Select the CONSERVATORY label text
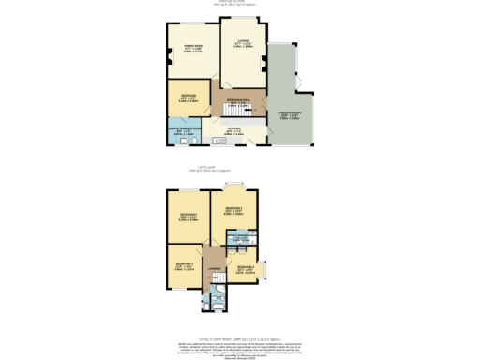pos(295,113)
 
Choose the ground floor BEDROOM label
pos(187,95)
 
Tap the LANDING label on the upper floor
pos(215,271)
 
